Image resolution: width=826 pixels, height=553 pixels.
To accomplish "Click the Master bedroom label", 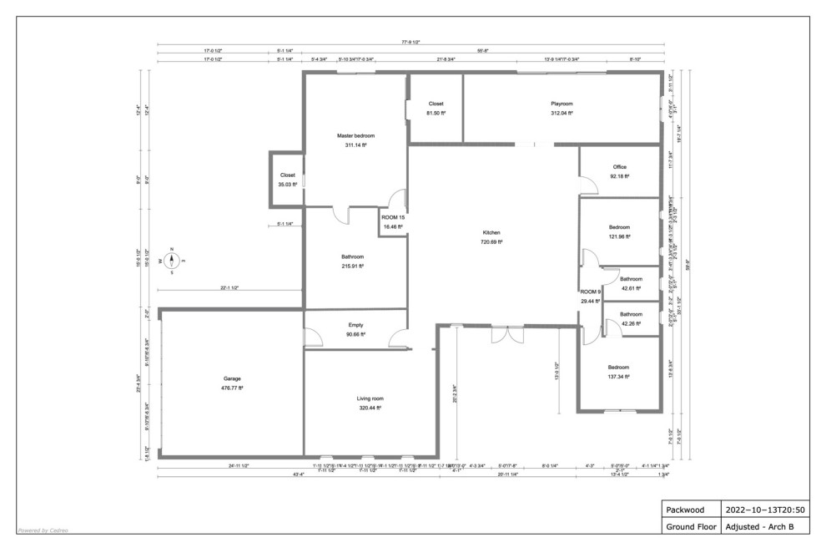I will click(x=355, y=135).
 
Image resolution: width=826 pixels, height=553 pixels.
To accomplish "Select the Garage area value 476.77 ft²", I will click(x=231, y=388).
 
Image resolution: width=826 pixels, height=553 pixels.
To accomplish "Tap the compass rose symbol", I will click(x=172, y=261).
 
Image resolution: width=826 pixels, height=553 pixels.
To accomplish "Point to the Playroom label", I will click(x=562, y=104).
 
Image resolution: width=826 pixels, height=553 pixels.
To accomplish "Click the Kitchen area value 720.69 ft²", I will click(x=491, y=241).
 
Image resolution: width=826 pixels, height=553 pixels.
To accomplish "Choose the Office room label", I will click(x=619, y=166).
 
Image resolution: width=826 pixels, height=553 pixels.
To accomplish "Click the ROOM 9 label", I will click(x=591, y=292).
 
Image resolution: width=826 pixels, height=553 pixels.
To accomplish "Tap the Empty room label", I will click(x=355, y=325).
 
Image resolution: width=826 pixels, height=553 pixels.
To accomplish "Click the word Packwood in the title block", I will click(x=680, y=509).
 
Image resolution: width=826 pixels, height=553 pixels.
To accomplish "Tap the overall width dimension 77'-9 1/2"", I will click(x=410, y=42).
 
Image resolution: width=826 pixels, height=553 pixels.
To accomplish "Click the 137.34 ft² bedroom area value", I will click(x=618, y=377).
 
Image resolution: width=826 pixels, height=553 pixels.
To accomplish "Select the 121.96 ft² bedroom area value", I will click(x=618, y=236).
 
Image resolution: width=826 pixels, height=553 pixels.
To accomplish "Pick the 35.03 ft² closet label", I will click(x=287, y=184).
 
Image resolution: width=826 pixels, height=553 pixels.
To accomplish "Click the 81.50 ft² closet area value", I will click(x=436, y=113).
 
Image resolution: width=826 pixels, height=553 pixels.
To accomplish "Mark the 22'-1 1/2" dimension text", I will click(x=229, y=287).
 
